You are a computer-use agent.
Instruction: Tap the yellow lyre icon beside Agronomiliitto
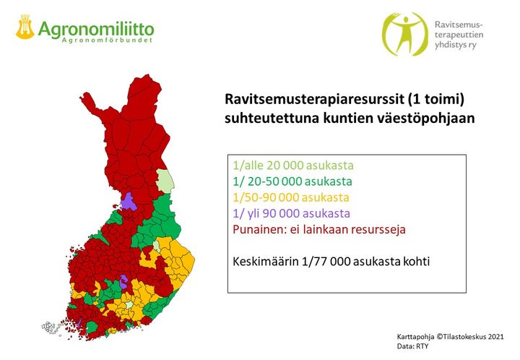(25, 27)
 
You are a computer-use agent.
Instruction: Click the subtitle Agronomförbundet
(107, 40)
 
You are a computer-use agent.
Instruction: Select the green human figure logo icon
(405, 34)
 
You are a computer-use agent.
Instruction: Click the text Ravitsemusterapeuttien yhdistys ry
(459, 35)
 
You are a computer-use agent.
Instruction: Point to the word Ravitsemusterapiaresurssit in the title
(314, 99)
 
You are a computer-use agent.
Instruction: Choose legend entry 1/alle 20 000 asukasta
(293, 166)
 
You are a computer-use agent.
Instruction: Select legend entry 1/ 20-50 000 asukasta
(292, 181)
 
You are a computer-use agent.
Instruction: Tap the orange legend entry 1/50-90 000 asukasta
(291, 197)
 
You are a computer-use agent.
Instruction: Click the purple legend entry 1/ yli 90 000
(291, 213)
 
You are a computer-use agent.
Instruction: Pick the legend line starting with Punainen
(319, 229)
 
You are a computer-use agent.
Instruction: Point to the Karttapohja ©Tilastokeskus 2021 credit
(450, 336)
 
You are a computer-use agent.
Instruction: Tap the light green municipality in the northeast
(165, 181)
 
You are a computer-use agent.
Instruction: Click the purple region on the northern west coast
(129, 202)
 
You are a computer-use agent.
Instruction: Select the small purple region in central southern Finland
(123, 282)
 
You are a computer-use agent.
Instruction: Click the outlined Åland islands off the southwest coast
(51, 327)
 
